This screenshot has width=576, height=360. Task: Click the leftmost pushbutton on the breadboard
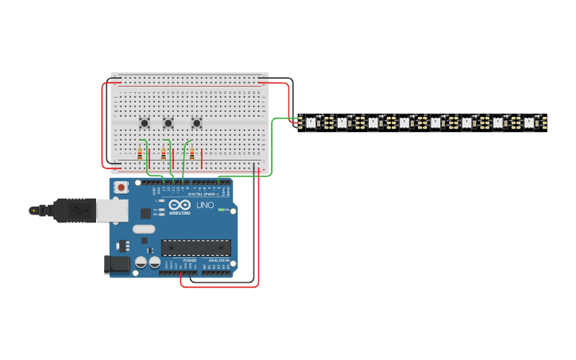click(x=145, y=122)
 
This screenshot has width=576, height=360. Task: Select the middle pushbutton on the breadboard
click(x=168, y=123)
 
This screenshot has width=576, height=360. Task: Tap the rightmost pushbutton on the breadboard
click(x=196, y=122)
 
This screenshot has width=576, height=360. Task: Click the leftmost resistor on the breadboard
click(x=140, y=153)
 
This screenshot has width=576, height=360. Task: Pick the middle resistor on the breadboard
click(x=164, y=153)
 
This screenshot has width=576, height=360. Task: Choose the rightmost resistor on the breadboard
click(x=191, y=153)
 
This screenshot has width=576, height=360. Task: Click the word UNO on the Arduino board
click(x=205, y=205)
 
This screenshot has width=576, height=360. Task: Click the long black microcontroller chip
click(x=196, y=247)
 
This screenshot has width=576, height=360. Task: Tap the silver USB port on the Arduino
click(x=111, y=210)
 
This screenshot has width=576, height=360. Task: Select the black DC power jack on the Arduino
click(x=117, y=265)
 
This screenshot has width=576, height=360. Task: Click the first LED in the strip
click(x=311, y=123)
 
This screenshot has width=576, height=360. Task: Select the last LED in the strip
click(x=529, y=123)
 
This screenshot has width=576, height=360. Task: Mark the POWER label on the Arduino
click(x=189, y=260)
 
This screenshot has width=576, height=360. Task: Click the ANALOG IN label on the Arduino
click(x=218, y=260)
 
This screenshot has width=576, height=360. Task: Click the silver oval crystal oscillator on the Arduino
click(x=144, y=229)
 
